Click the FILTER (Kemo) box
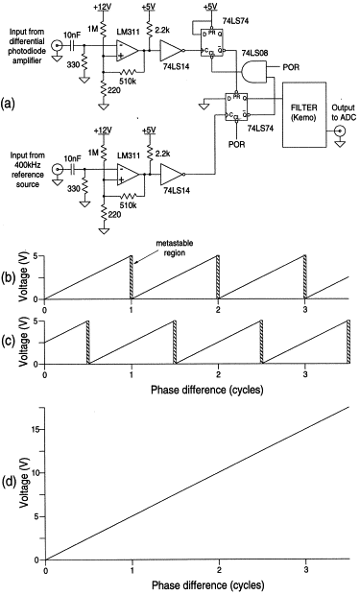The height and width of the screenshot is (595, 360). click(x=304, y=114)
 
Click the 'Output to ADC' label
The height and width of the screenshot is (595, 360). click(x=344, y=112)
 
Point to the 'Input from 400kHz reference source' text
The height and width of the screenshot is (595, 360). click(x=27, y=169)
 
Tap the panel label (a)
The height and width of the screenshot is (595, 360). click(x=9, y=103)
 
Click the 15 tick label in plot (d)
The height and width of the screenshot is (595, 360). click(x=36, y=429)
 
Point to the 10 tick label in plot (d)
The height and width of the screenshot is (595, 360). click(x=36, y=473)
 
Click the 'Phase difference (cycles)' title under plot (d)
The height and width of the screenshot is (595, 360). click(x=207, y=584)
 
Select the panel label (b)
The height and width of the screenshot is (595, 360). click(x=9, y=277)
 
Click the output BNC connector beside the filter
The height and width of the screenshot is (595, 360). click(x=340, y=131)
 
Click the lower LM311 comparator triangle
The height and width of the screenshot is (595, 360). click(x=128, y=174)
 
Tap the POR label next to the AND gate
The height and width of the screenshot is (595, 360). click(x=291, y=67)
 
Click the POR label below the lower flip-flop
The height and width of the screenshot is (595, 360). click(x=237, y=144)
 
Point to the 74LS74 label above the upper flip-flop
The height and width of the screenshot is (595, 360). click(x=236, y=21)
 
